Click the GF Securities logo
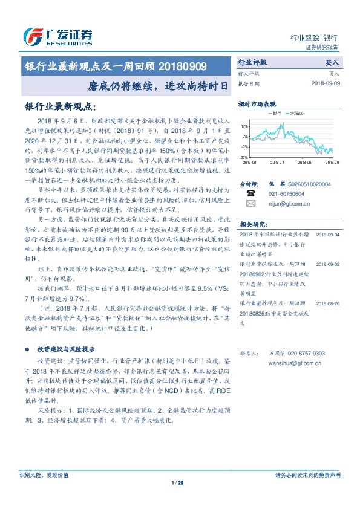click(57, 36)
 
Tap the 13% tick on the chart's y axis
click(244, 126)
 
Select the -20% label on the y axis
click(244, 157)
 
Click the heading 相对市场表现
click(257, 104)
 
